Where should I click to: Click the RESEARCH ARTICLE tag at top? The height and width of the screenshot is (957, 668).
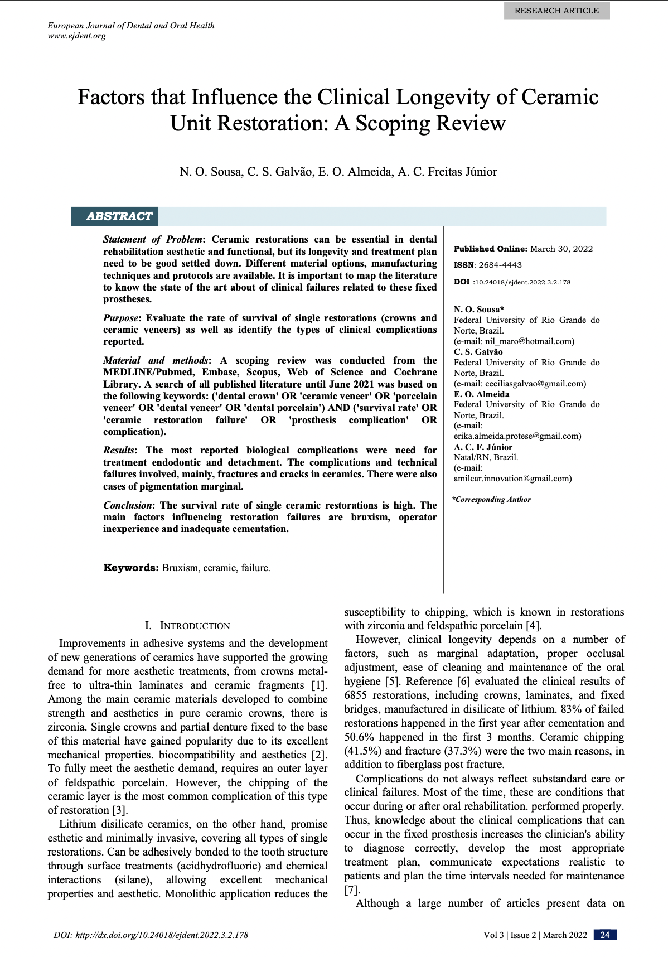(x=556, y=11)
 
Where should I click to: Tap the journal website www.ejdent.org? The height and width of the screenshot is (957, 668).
(x=76, y=36)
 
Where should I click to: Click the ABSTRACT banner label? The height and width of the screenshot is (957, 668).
(x=119, y=216)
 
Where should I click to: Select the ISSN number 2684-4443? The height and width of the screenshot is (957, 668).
(x=500, y=265)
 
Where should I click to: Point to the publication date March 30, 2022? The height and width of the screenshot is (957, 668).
(x=561, y=249)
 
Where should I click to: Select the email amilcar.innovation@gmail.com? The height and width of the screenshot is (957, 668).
(x=512, y=478)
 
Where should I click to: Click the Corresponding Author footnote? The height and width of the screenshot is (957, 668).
(x=491, y=499)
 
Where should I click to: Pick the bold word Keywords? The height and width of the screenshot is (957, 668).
(x=131, y=568)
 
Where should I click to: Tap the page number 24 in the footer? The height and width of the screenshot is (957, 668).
(x=605, y=935)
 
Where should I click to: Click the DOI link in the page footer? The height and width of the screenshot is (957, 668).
(x=151, y=935)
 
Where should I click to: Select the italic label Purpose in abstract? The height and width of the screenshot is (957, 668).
(x=120, y=318)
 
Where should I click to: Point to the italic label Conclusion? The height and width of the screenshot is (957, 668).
(x=128, y=505)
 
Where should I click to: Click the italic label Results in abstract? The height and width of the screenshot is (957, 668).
(x=119, y=450)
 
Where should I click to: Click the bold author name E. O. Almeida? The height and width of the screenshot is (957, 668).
(x=481, y=394)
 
